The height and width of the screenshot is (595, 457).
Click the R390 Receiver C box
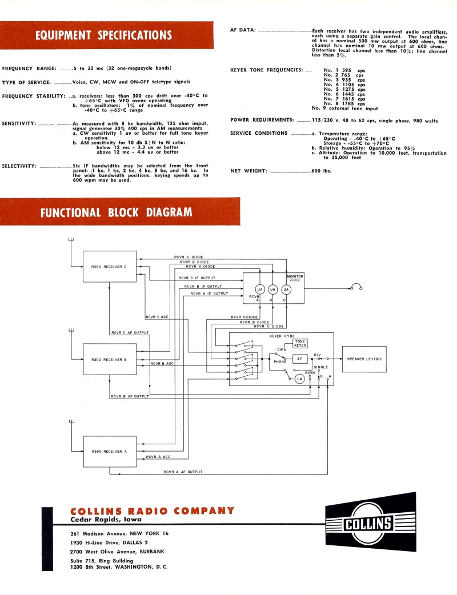pos(110,266)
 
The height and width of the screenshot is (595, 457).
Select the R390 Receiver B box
pos(110,359)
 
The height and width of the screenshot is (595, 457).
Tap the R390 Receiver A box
pos(110,451)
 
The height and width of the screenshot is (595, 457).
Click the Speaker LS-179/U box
pos(368,359)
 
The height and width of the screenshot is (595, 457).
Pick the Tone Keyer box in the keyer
pos(300,343)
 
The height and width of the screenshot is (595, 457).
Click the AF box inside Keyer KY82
pos(300,359)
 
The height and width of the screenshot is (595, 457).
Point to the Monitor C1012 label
pos(295,278)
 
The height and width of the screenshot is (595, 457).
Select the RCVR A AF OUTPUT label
pos(183,472)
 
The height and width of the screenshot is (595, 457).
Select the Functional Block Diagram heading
pos(116,212)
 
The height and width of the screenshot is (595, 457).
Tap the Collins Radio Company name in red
pos(152,510)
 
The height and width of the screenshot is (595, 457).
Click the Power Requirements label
pos(262,120)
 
